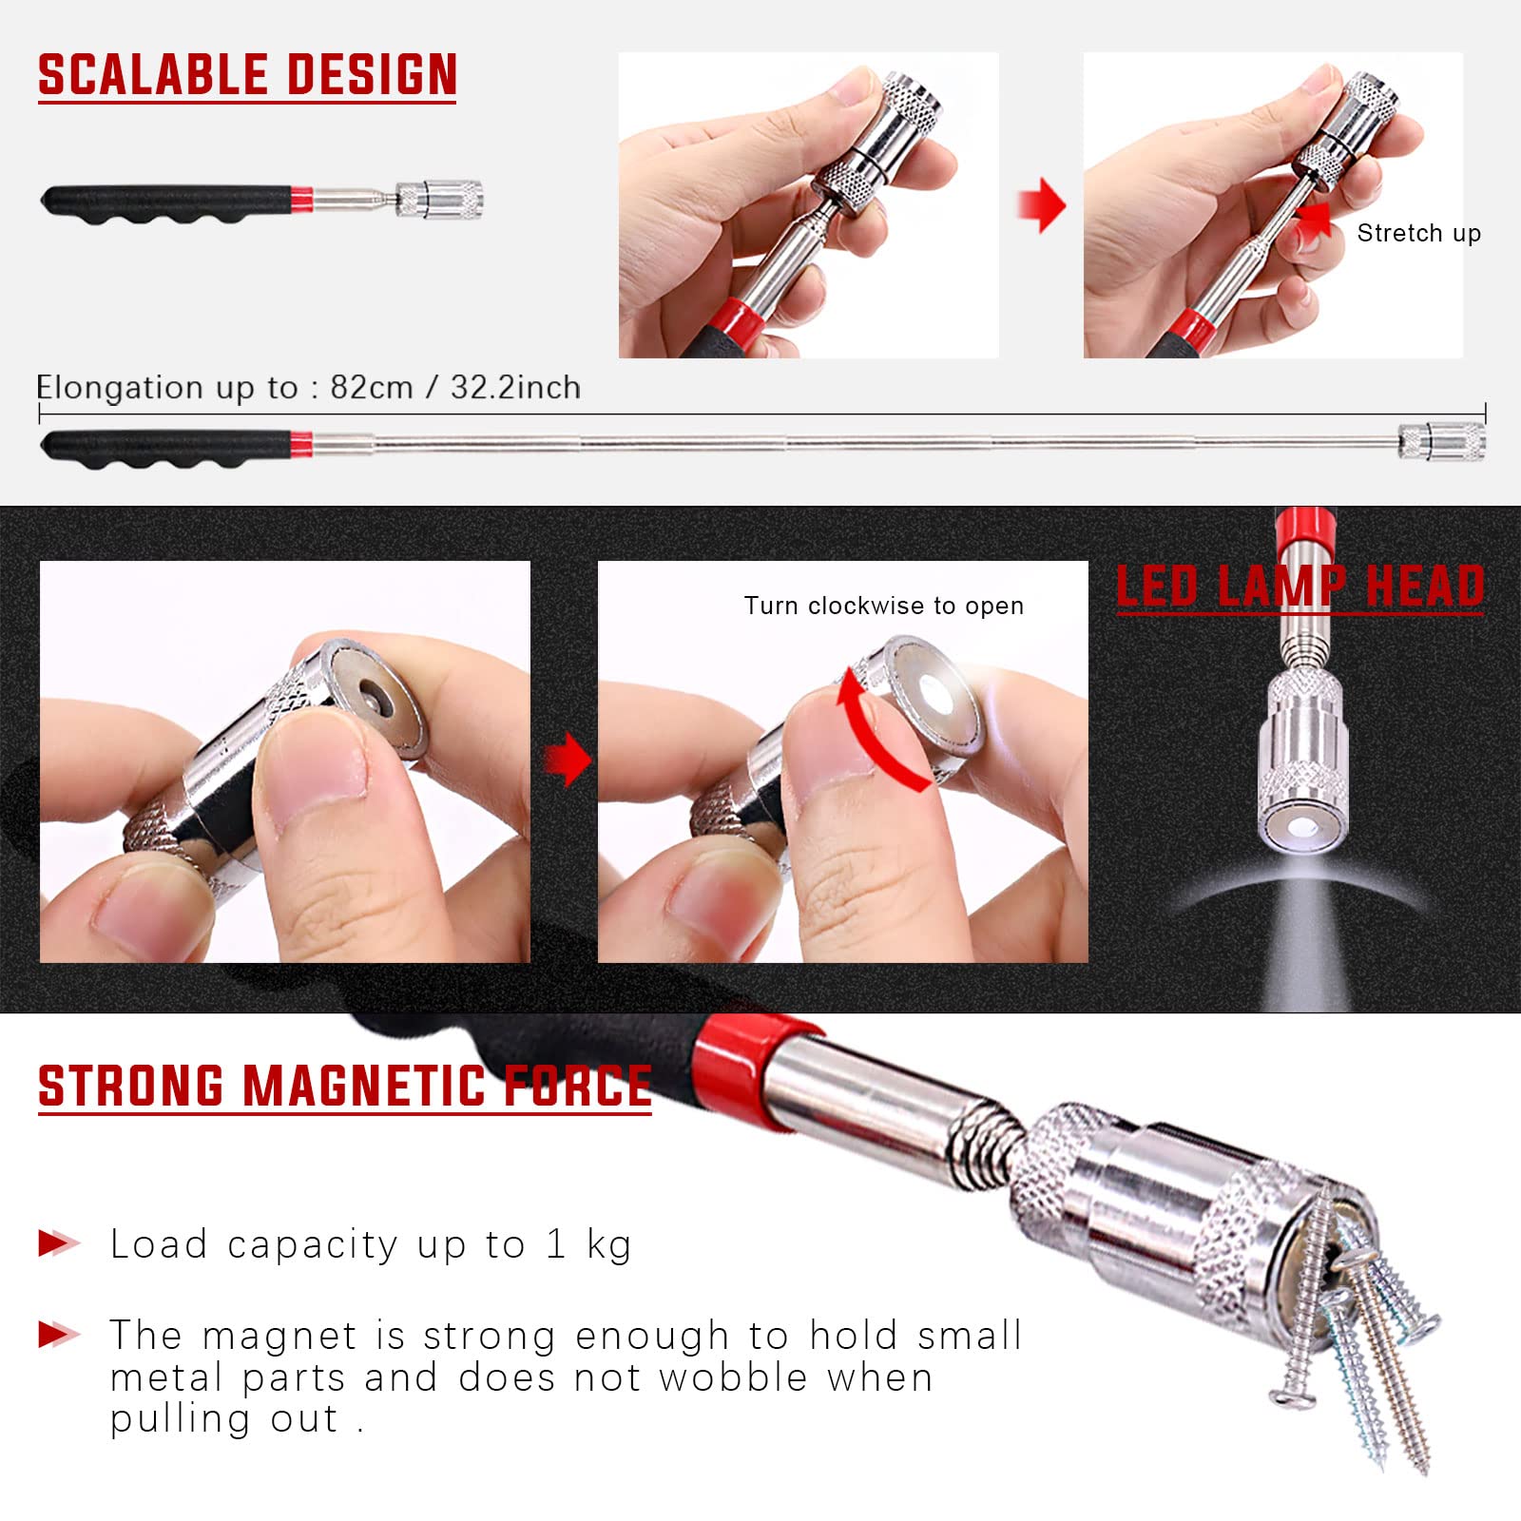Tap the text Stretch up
click(1418, 233)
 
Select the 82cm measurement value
click(371, 388)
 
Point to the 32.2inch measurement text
click(515, 388)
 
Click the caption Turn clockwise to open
click(883, 606)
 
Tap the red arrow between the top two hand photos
click(1042, 204)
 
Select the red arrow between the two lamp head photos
click(568, 759)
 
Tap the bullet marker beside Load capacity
click(58, 1242)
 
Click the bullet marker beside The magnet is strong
click(58, 1335)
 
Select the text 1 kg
click(588, 1244)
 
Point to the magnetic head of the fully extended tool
click(1442, 442)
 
